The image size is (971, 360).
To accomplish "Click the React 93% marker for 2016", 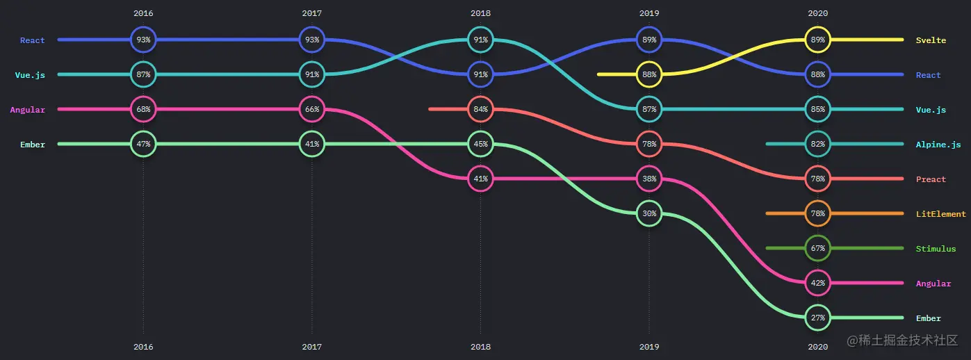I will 143,40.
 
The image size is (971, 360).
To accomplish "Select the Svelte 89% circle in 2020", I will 817,40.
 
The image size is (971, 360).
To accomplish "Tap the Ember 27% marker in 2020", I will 817,318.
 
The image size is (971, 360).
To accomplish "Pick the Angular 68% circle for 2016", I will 143,109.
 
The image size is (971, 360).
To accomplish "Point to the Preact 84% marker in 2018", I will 480,109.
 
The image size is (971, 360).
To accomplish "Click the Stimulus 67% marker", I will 817,248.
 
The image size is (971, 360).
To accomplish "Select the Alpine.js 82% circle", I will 817,144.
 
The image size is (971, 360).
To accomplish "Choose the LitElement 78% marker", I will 817,213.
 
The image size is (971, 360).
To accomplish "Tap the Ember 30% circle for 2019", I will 649,213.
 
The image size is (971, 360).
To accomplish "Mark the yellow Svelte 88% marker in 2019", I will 649,74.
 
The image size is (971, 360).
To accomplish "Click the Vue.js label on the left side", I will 30,75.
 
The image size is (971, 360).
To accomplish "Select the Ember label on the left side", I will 33,145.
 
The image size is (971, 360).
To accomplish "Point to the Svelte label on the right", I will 931,40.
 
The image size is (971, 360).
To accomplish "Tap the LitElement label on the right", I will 940,214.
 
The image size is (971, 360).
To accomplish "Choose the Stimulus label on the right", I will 936,249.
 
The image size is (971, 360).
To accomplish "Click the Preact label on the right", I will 931,179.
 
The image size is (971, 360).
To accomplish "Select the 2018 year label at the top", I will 480,13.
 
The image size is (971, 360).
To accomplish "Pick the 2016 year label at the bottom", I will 143,346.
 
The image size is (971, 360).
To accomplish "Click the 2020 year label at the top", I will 817,13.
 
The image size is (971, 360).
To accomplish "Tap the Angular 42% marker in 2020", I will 817,283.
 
